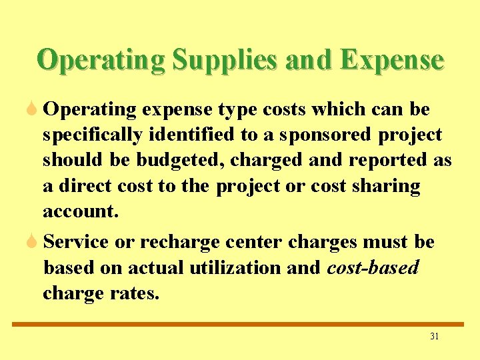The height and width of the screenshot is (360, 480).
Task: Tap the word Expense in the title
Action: tap(391, 60)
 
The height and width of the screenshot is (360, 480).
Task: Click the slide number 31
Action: tap(434, 337)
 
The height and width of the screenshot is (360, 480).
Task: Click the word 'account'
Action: tap(79, 212)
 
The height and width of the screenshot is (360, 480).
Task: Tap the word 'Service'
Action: tap(76, 242)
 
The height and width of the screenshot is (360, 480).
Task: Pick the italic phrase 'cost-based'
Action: tap(373, 267)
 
